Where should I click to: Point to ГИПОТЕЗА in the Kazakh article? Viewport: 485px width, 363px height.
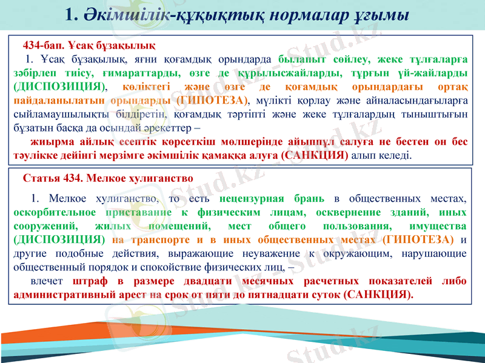click(212, 99)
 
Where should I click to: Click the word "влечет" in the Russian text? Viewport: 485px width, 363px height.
click(48, 282)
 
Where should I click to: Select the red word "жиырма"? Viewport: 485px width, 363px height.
click(50, 142)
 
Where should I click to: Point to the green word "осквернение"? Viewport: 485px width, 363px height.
click(346, 212)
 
